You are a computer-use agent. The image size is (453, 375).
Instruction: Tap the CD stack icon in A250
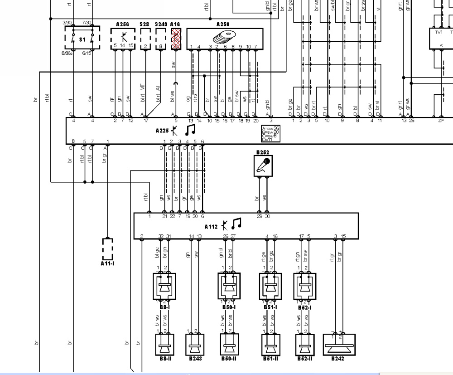(224, 36)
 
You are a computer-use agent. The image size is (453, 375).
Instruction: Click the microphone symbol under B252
(263, 166)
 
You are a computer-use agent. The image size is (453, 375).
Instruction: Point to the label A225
(162, 131)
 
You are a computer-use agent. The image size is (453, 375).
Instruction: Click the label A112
(211, 226)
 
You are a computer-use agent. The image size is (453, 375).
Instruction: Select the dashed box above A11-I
(107, 248)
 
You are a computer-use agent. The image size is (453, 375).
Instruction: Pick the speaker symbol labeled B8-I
(164, 286)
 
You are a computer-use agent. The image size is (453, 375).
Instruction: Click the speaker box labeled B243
(195, 346)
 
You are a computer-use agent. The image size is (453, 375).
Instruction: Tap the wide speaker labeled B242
(339, 346)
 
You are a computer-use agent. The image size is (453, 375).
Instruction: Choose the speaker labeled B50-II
(229, 346)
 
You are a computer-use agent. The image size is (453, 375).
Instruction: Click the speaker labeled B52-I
(305, 286)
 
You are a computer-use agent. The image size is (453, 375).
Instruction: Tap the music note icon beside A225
(190, 130)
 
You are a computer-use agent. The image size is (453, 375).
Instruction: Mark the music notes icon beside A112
(236, 224)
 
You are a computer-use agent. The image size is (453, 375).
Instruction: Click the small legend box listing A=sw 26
(270, 134)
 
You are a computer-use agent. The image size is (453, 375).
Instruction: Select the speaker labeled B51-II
(270, 346)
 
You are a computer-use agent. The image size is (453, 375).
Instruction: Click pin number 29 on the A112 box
(259, 217)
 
